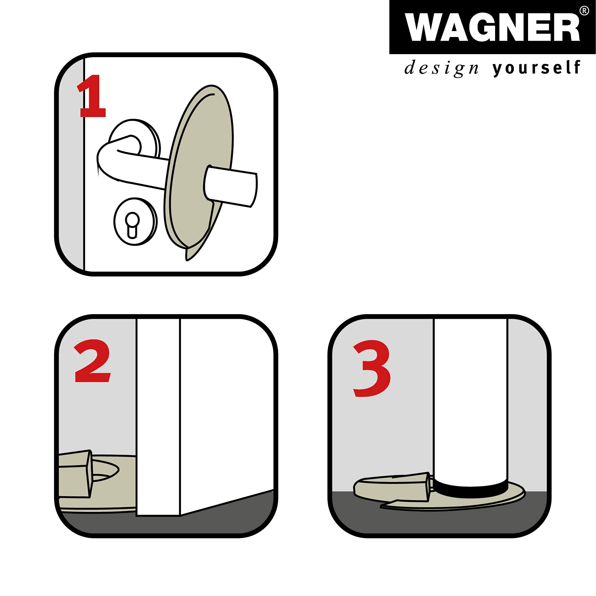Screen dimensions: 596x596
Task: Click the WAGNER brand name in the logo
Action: tap(492, 27)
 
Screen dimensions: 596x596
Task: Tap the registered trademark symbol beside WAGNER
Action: tap(584, 11)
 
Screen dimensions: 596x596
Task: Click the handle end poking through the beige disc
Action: tap(230, 186)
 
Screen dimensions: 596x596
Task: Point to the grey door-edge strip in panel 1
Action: tap(71, 165)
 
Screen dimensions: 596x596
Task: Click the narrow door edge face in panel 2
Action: tap(158, 417)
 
